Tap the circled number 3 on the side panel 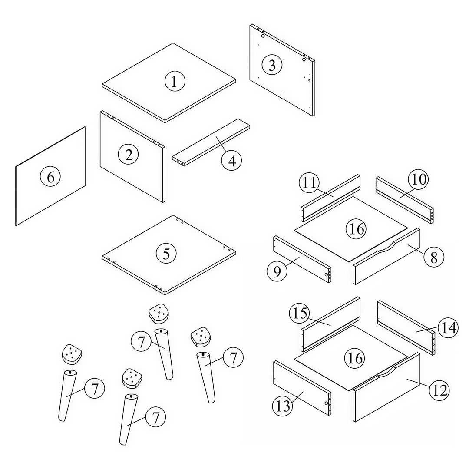pyautogui.click(x=272, y=65)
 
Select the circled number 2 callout pyautogui.click(x=129, y=155)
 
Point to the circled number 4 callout pyautogui.click(x=232, y=161)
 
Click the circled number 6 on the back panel pyautogui.click(x=50, y=177)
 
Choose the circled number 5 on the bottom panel pyautogui.click(x=166, y=254)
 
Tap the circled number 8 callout pyautogui.click(x=434, y=257)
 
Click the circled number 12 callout pyautogui.click(x=439, y=390)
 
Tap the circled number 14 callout pyautogui.click(x=447, y=328)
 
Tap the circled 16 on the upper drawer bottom pyautogui.click(x=357, y=228)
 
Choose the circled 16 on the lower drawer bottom pyautogui.click(x=355, y=358)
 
